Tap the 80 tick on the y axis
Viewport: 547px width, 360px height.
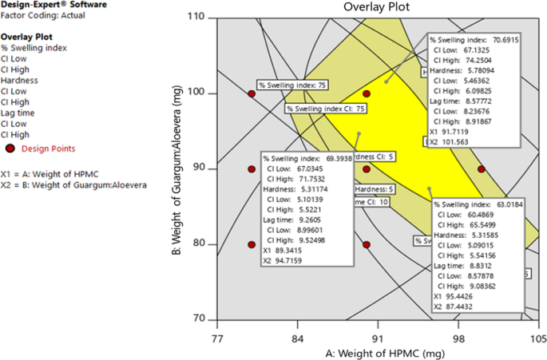206,244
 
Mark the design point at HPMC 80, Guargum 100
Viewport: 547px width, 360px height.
252,93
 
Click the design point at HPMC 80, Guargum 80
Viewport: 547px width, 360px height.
252,244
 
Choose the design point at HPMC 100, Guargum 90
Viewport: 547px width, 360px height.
481,169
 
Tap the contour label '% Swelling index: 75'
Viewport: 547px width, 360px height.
292,84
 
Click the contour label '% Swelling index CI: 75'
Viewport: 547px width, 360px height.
326,109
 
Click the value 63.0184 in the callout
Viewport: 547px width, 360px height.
505,205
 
